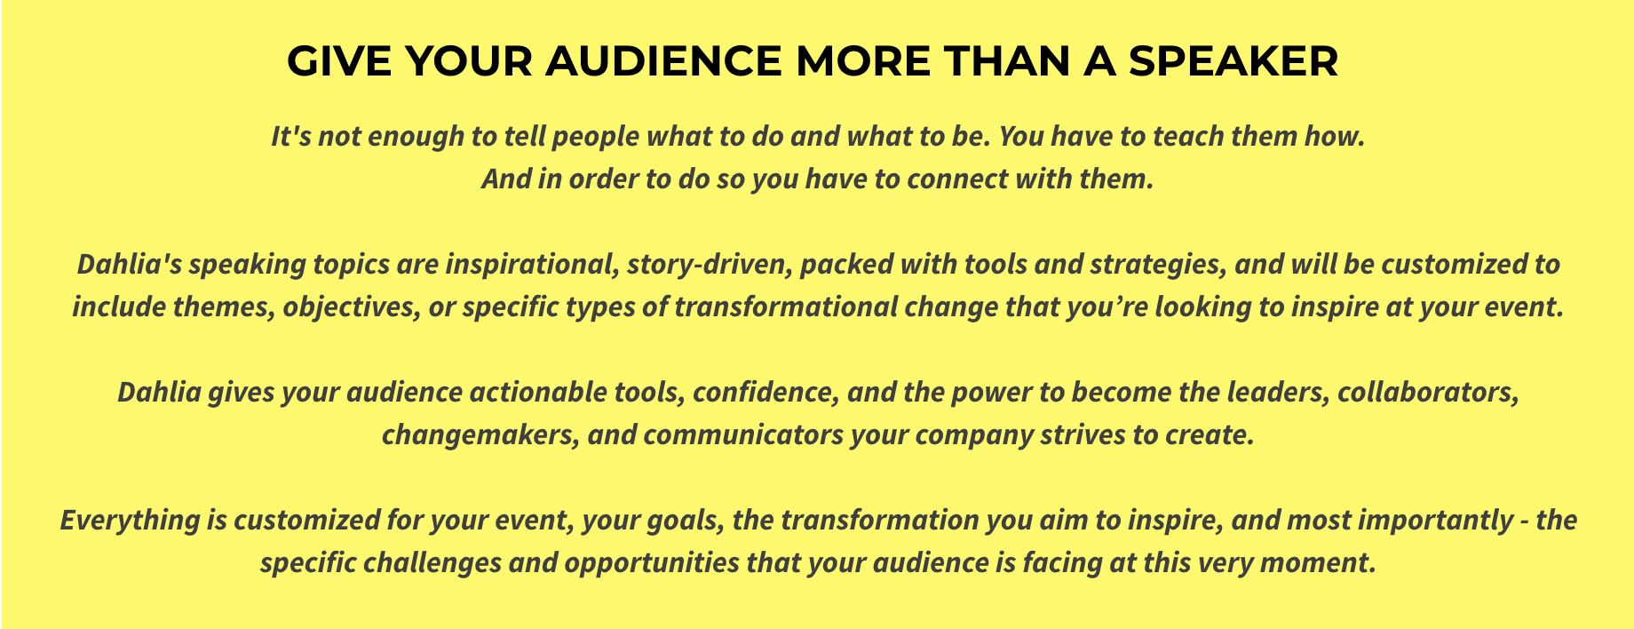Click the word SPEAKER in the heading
point(1233,61)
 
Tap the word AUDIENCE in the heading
point(663,61)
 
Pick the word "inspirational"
point(531,265)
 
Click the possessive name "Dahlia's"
point(129,265)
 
